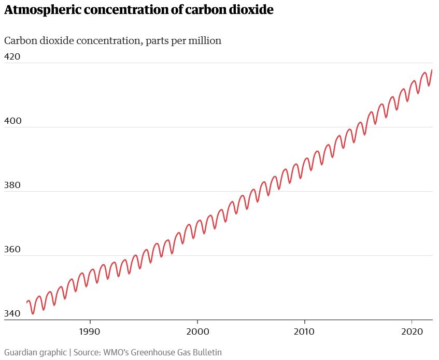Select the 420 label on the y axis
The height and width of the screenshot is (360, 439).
coord(12,56)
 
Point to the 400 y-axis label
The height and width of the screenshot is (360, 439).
coord(12,121)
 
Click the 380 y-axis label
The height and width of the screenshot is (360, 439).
coord(12,185)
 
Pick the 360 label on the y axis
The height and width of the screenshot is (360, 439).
coord(12,249)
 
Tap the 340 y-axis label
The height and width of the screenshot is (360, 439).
coord(12,313)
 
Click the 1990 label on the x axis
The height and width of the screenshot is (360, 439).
coord(90,330)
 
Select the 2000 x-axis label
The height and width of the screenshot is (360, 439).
coord(197,330)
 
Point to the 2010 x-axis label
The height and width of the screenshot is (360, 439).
coord(304,330)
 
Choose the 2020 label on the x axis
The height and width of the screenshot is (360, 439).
coord(412,330)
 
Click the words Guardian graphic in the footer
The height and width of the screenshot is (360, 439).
coord(35,352)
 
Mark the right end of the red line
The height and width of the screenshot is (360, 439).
coord(432,70)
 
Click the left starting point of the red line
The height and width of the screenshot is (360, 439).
coord(26,302)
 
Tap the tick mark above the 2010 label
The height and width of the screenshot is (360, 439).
coord(304,322)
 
